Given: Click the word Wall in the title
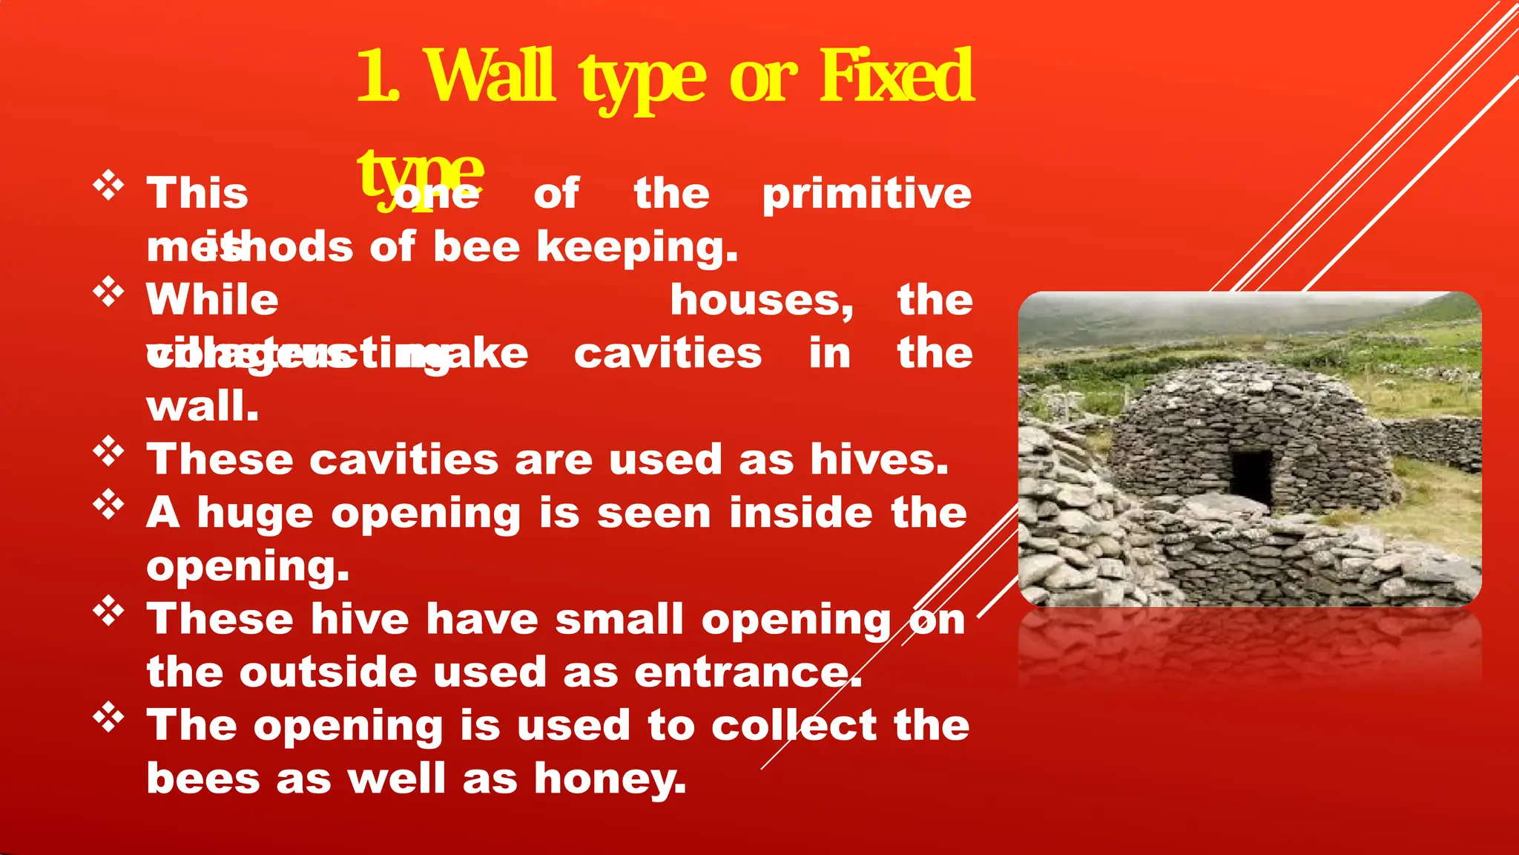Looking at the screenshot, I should (490, 76).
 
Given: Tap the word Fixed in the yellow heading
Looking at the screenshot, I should (896, 76).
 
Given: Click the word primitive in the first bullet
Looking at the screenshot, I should (866, 194).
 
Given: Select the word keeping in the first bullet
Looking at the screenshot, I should (637, 247).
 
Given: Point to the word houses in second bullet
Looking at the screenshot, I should (761, 301).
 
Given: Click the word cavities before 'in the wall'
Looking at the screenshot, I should (668, 353).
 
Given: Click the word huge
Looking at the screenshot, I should (254, 514).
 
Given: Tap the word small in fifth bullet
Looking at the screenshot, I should (619, 620).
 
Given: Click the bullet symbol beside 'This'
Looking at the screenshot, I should (108, 186).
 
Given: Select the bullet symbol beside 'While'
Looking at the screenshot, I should (108, 292).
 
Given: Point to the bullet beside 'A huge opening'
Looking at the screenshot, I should (108, 505).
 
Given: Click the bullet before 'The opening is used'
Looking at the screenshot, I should (108, 717).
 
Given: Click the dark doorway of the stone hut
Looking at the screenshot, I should (1252, 476).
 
